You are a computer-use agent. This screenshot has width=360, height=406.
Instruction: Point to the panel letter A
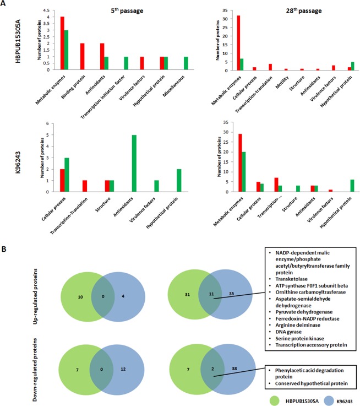(5, 6)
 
